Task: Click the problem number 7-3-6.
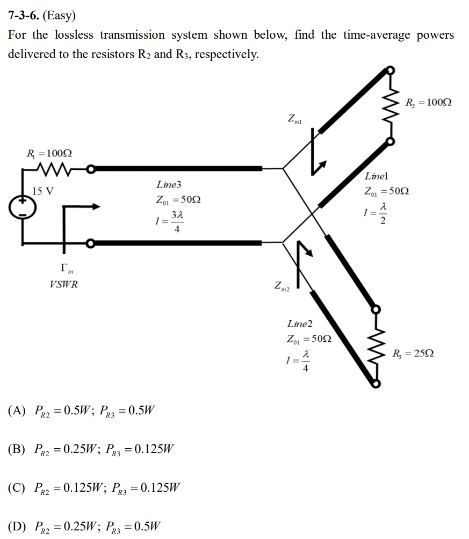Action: [24, 16]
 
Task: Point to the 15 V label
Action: [42, 191]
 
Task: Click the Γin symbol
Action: [65, 267]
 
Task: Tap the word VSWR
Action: [63, 285]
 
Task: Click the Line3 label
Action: [169, 185]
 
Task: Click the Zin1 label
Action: [295, 119]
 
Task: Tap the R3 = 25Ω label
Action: [413, 354]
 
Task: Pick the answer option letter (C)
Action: [17, 488]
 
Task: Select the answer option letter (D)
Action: [17, 526]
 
